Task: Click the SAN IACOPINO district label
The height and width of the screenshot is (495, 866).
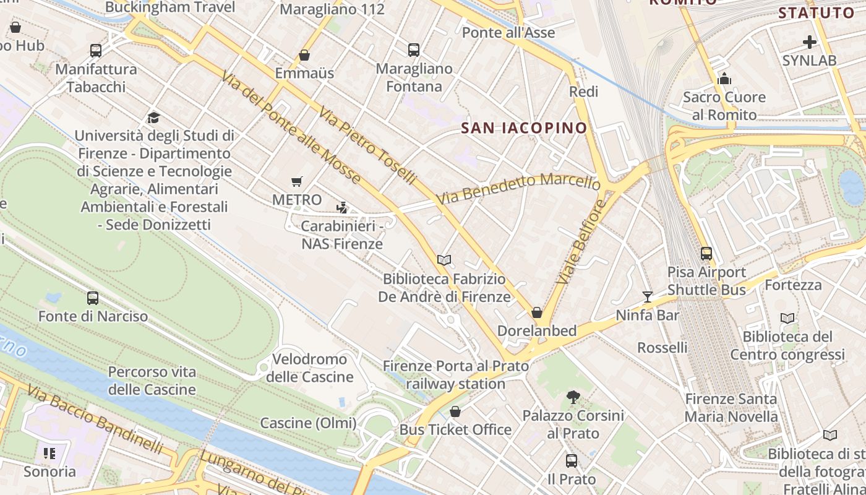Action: click(x=524, y=128)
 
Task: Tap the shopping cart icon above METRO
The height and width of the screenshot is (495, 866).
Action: click(x=297, y=181)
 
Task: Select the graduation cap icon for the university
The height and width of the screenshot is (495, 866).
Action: click(x=153, y=118)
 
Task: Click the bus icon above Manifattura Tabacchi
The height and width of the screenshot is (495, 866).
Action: click(x=96, y=51)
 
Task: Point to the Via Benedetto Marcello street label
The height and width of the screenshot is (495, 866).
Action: click(x=518, y=189)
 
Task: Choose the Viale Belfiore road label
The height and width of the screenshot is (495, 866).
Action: click(x=580, y=242)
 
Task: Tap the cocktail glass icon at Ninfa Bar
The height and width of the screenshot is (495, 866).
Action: click(x=648, y=297)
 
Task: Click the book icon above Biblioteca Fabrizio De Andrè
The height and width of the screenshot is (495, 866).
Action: click(x=444, y=260)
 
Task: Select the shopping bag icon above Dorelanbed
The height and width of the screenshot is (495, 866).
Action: click(x=537, y=312)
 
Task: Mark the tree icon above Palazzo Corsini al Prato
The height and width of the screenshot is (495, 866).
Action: click(x=573, y=397)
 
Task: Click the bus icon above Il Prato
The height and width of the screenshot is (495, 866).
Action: click(x=572, y=461)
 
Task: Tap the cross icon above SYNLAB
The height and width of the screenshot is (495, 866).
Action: click(x=809, y=42)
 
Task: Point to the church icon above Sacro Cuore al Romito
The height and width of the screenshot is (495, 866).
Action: click(x=724, y=79)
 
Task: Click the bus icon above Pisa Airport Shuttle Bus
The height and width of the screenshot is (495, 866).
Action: click(x=706, y=254)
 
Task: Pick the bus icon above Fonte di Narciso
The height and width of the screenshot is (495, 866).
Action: click(x=93, y=298)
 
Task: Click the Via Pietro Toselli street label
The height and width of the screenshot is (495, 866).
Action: click(x=368, y=145)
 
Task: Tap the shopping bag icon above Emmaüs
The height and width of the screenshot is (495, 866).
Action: click(x=304, y=55)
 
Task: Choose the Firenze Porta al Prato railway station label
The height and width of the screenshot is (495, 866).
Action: click(x=456, y=375)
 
